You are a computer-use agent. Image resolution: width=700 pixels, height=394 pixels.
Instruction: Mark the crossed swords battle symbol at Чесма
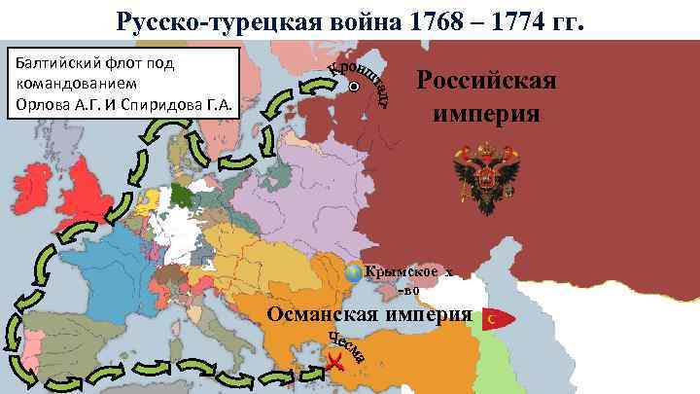(x=334, y=364)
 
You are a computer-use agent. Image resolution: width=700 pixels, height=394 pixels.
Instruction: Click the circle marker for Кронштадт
(x=354, y=87)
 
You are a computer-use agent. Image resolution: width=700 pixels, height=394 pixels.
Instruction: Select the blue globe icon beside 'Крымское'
(x=354, y=272)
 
